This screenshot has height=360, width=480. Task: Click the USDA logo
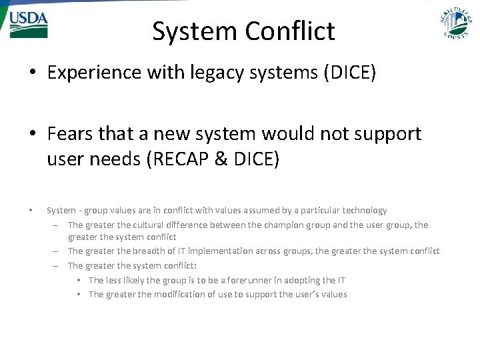28,25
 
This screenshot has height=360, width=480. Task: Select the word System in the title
195,31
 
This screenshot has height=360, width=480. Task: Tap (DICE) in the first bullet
350,73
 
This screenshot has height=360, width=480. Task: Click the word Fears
70,134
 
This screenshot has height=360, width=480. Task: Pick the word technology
363,211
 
